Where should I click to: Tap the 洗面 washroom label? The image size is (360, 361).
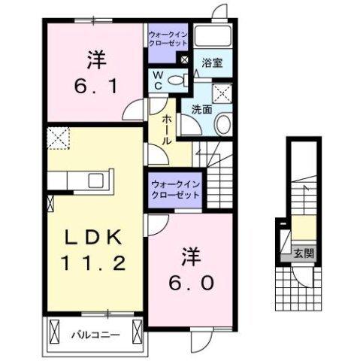pos(200,110)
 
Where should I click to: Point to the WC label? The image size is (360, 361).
pos(159,80)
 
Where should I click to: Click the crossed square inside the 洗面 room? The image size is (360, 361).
pos(222,93)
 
